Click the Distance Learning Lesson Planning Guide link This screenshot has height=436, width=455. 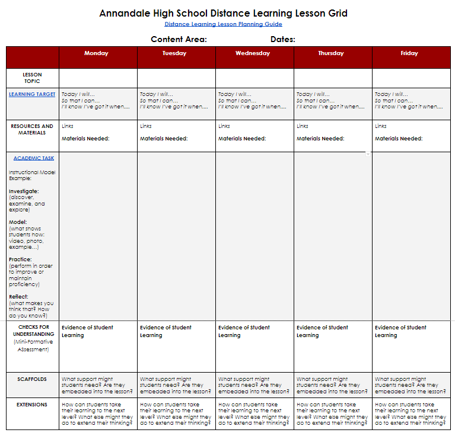223,24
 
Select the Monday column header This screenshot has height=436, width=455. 96,53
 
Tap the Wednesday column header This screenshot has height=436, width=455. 253,53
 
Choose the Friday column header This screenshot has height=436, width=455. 409,53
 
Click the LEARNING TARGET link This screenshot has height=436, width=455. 32,94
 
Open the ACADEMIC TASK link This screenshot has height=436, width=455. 34,158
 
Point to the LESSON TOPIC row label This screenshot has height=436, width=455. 33,78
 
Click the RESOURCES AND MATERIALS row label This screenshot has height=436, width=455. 32,129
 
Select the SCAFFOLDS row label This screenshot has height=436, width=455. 33,379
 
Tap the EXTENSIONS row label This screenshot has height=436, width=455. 33,405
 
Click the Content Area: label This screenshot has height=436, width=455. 179,40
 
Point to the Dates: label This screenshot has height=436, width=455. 283,40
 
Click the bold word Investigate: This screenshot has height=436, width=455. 24,191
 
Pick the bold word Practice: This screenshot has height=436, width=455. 20,259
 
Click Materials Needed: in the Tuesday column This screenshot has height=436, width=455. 164,139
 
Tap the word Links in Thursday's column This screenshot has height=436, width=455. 303,126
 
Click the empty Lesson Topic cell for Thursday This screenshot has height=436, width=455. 333,78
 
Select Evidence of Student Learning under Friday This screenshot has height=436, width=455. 400,331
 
